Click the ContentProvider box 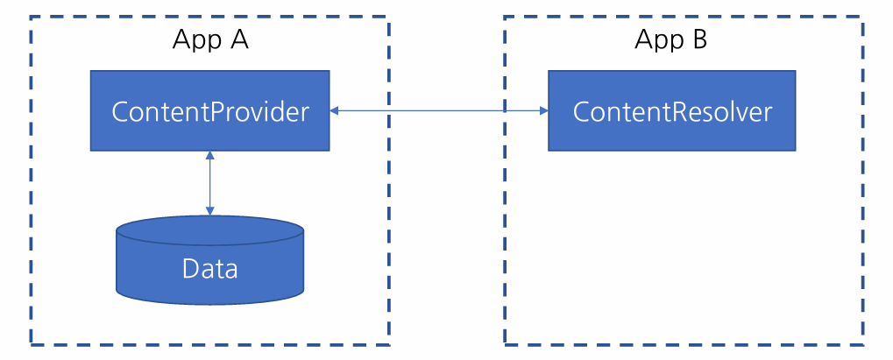tap(209, 110)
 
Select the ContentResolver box tap(671, 110)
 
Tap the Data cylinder tap(209, 260)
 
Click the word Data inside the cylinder tap(209, 269)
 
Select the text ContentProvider tap(210, 112)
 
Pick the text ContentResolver tap(672, 111)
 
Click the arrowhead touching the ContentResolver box tap(544, 110)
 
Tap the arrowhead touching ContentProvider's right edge tap(334, 110)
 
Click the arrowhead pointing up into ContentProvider tap(209, 155)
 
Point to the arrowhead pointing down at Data tap(209, 211)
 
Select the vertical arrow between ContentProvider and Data tap(209, 183)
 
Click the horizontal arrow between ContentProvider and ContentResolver tap(439, 110)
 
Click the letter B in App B tap(699, 39)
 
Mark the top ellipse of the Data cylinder tap(209, 230)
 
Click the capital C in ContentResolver tap(582, 111)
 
